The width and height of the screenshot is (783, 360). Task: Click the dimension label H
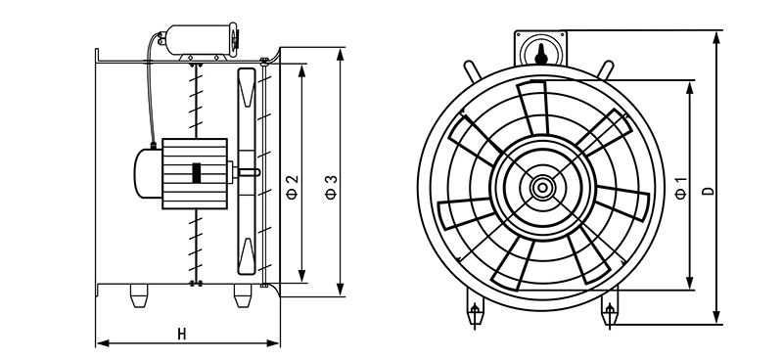coord(182,334)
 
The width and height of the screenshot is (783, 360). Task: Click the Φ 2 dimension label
coord(293,186)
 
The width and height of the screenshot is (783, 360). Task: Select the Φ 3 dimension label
coord(331,187)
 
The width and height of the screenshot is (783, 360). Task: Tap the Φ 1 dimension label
coord(680,188)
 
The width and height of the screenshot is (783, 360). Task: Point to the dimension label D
coord(708,191)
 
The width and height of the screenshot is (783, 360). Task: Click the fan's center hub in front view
coord(541,188)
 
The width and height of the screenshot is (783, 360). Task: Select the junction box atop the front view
coord(541,48)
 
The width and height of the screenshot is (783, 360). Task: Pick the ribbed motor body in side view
coord(195,173)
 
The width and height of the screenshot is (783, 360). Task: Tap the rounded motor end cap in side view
coord(148,173)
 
